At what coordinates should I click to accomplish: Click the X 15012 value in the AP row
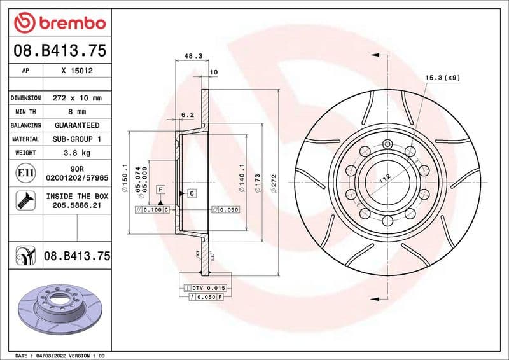pyautogui.click(x=77, y=71)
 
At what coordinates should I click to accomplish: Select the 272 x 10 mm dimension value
pyautogui.click(x=77, y=98)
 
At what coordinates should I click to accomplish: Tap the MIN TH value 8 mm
pyautogui.click(x=77, y=112)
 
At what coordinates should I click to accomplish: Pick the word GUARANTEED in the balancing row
pyautogui.click(x=77, y=125)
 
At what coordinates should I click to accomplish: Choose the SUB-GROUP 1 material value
pyautogui.click(x=77, y=139)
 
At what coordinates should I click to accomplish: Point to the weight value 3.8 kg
pyautogui.click(x=77, y=153)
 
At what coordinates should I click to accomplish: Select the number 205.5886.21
pyautogui.click(x=77, y=206)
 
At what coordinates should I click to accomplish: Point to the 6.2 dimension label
pyautogui.click(x=188, y=115)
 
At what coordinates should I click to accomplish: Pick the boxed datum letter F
pyautogui.click(x=161, y=190)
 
